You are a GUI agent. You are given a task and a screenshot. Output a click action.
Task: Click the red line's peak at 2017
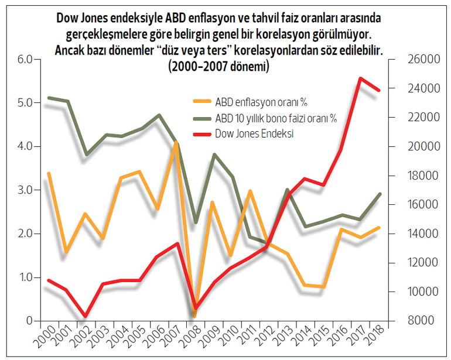361,78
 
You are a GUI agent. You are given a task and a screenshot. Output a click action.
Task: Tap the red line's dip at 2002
86,316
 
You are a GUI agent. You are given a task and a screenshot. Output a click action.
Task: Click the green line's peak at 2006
159,115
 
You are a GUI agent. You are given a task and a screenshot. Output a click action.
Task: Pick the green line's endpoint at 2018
379,194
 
